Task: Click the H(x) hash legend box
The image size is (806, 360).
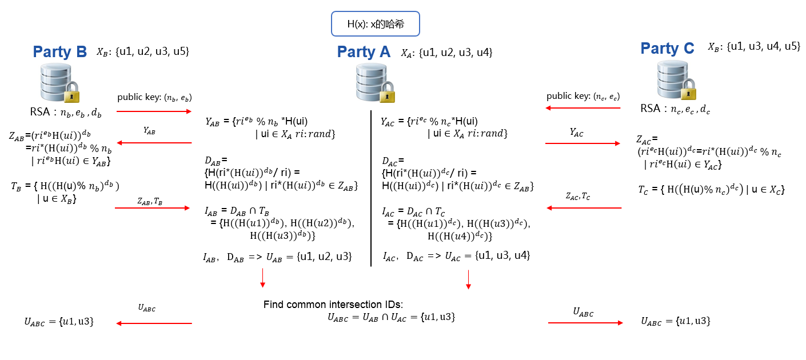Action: point(376,25)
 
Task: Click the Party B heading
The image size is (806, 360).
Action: point(60,52)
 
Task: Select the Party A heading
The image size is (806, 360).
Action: point(364,52)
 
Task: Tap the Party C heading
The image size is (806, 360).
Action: point(667,49)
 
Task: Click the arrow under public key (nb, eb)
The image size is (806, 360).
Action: point(154,111)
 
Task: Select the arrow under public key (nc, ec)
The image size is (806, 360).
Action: point(583,108)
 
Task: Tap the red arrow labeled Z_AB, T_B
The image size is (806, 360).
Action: point(153,208)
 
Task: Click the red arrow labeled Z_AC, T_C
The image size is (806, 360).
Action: point(584,207)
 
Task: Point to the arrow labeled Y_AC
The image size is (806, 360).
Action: point(583,143)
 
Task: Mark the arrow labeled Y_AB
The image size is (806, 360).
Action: point(154,143)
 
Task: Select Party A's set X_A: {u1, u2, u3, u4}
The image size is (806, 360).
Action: point(446,53)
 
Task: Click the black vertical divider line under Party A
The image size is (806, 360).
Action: point(371,189)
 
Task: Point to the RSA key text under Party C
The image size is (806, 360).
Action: point(674,109)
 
